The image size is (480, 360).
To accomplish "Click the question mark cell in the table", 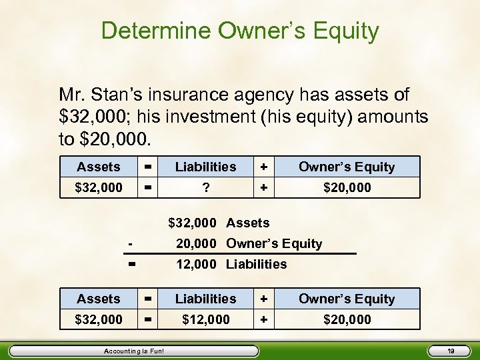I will [206, 188].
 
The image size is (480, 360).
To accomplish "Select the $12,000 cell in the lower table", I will [206, 320].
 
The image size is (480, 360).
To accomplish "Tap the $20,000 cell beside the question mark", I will [347, 188].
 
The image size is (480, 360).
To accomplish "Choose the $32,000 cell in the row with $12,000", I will [98, 320].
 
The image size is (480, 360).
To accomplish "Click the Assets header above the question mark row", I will [98, 167].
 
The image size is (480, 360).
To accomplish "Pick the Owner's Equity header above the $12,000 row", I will [347, 299].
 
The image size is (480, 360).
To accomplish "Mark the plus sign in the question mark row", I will [265, 188].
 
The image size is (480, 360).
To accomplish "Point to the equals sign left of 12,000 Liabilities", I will [132, 264].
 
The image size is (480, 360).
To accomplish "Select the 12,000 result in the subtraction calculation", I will [196, 264].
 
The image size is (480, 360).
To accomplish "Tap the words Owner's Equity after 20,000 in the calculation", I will [274, 244].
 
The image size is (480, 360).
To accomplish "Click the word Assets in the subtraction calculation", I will [247, 223].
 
